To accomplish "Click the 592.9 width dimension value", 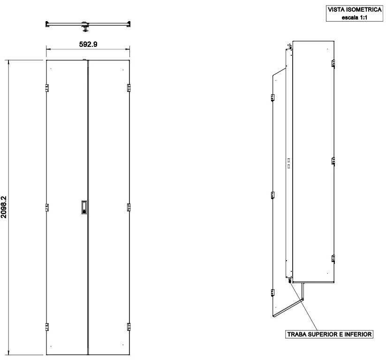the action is click(88, 44).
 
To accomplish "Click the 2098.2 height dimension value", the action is click(4, 207).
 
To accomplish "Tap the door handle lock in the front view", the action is click(84, 208).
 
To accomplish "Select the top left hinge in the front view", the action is click(47, 88).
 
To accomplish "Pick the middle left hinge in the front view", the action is click(47, 208).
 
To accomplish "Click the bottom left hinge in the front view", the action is click(47, 327).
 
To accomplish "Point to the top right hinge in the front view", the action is click(129, 88).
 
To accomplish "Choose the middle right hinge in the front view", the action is click(129, 208).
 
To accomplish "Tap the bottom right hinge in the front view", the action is click(129, 327).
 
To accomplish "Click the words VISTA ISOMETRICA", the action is click(355, 9).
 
